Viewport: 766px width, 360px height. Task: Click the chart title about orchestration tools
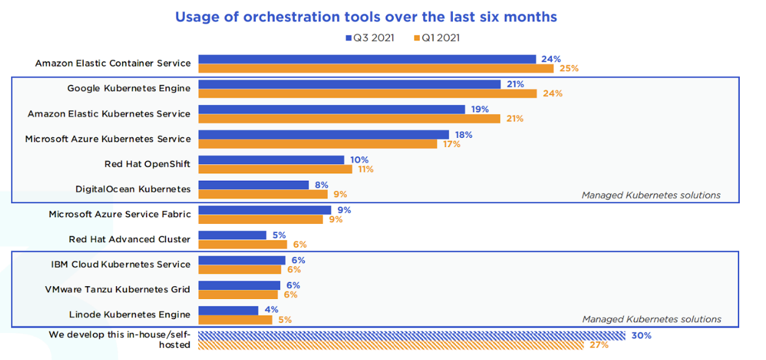tap(366, 16)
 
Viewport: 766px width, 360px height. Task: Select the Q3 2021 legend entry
tap(369, 38)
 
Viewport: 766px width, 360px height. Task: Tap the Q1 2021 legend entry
tap(437, 38)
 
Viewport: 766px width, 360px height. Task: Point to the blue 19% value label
tap(480, 109)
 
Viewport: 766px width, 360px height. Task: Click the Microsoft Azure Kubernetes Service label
tap(108, 139)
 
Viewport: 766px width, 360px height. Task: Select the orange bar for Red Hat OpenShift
tap(275, 169)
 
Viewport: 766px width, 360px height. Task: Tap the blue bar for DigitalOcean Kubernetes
tap(254, 185)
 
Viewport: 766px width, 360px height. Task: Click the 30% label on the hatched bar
tap(641, 336)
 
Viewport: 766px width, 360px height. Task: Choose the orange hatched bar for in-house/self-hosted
tap(391, 345)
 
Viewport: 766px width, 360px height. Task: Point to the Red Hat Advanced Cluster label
tap(130, 239)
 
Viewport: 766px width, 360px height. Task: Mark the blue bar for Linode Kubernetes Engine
tap(229, 310)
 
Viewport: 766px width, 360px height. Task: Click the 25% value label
tap(569, 68)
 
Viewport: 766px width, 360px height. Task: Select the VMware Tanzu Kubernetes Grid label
tap(118, 289)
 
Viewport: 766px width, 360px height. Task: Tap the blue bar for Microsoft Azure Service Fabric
tap(265, 210)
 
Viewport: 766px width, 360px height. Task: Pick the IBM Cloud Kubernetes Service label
tap(121, 264)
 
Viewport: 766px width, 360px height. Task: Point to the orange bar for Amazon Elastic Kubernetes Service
tap(350, 118)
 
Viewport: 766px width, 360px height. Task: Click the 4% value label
tap(271, 309)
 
